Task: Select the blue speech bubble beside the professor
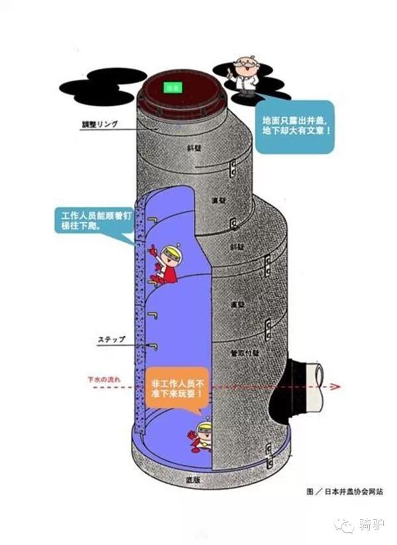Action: [x=294, y=126]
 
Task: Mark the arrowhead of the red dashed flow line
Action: [x=337, y=387]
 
